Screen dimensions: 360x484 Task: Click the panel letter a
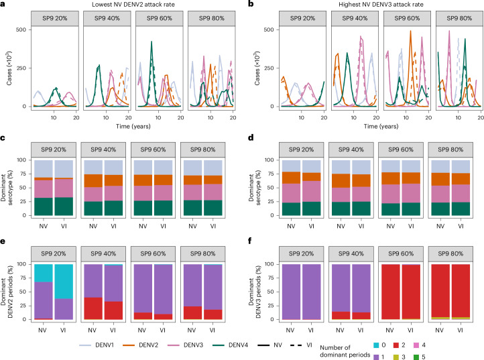(4, 5)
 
